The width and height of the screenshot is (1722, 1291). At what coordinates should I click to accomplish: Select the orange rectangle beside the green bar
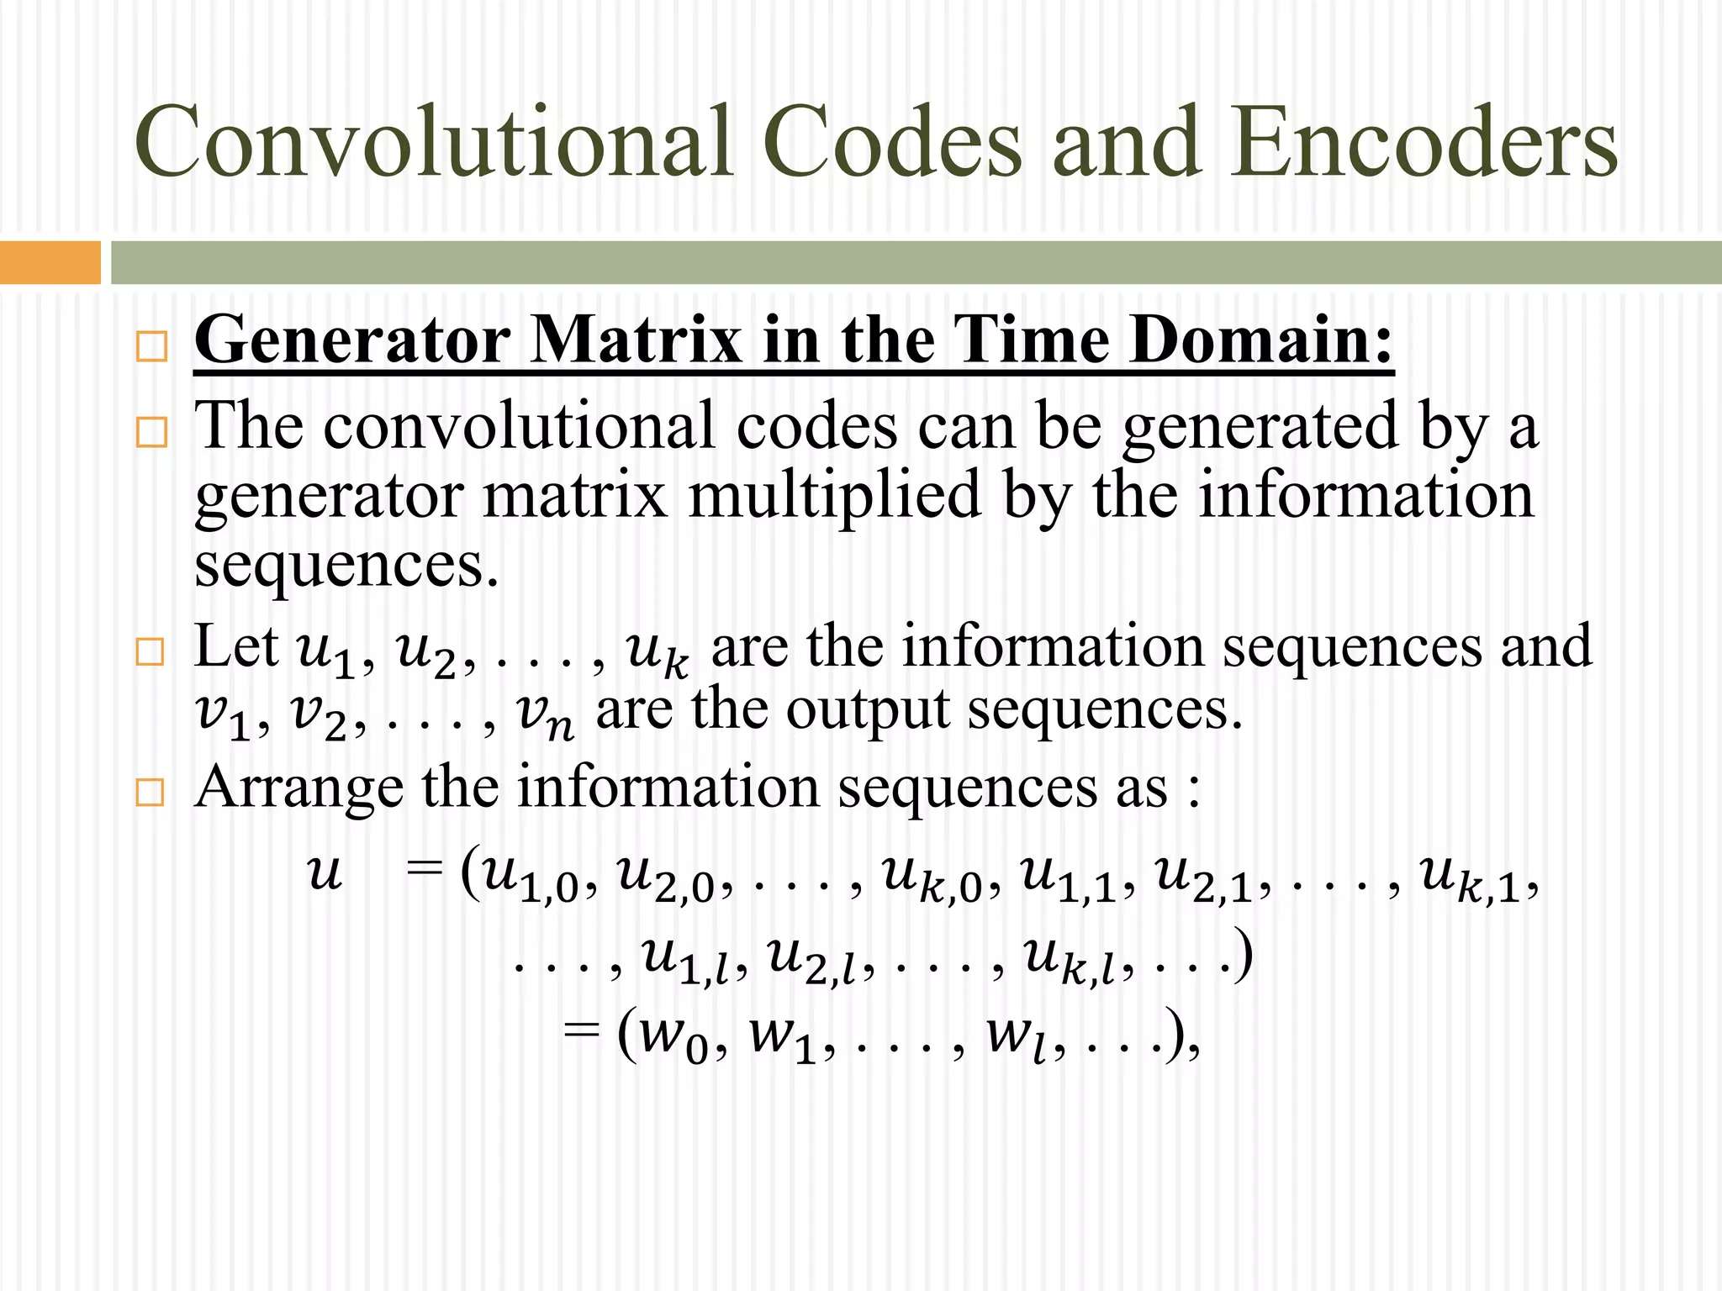click(x=50, y=262)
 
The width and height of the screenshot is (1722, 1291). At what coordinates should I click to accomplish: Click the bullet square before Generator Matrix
click(x=151, y=346)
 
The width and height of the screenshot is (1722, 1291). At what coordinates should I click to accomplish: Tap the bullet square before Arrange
click(x=150, y=793)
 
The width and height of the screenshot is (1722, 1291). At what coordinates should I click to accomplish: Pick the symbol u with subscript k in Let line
click(x=658, y=652)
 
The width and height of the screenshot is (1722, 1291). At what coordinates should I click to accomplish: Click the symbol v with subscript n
click(x=545, y=714)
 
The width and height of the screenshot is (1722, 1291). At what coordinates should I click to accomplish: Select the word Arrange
click(x=298, y=788)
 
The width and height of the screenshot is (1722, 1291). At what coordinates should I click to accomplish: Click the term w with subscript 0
click(x=673, y=1039)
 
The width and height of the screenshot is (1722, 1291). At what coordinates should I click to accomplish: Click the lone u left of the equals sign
click(x=324, y=872)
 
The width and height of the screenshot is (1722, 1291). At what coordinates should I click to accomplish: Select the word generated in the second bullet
click(x=1260, y=427)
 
